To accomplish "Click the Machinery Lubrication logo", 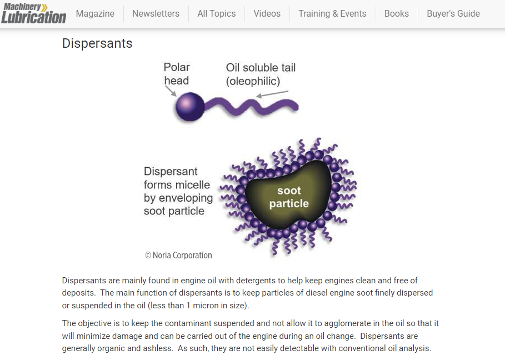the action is coord(34,13).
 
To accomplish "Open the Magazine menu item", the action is coord(95,13).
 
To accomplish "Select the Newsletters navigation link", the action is coord(156,13).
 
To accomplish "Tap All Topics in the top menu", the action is coord(217,13).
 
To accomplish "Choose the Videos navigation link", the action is coord(267,13).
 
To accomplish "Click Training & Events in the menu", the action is coord(332,13).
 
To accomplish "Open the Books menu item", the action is coord(397,13).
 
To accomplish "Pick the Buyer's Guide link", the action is coord(453,13).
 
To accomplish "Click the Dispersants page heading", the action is coord(97,43).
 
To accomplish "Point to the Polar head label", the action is coord(177,74).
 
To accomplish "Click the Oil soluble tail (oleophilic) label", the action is coord(261,74).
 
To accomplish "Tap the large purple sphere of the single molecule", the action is coord(189,107).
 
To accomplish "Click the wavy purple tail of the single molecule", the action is coord(251,106).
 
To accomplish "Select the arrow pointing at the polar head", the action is coord(171,91).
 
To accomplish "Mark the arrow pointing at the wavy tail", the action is coord(272,94).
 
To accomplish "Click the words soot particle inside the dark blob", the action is coord(289,197).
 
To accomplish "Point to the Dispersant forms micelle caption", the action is coord(178,191).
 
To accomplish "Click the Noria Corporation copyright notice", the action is coord(178,256).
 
